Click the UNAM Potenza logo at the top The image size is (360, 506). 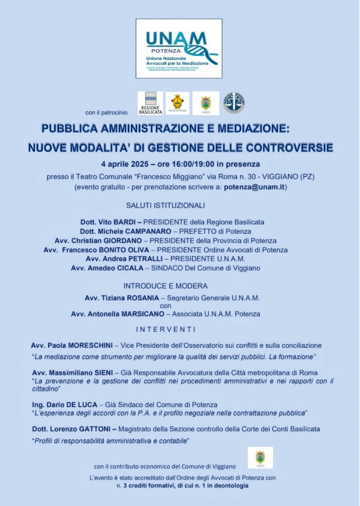[x=179, y=49]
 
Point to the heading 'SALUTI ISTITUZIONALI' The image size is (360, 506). [x=166, y=206]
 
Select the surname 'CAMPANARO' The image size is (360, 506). [x=142, y=231]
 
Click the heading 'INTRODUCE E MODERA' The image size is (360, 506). [x=166, y=286]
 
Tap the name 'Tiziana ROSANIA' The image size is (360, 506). [x=138, y=298]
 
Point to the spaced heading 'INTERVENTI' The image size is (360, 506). [x=166, y=329]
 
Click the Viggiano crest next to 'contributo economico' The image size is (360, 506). [x=260, y=457]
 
